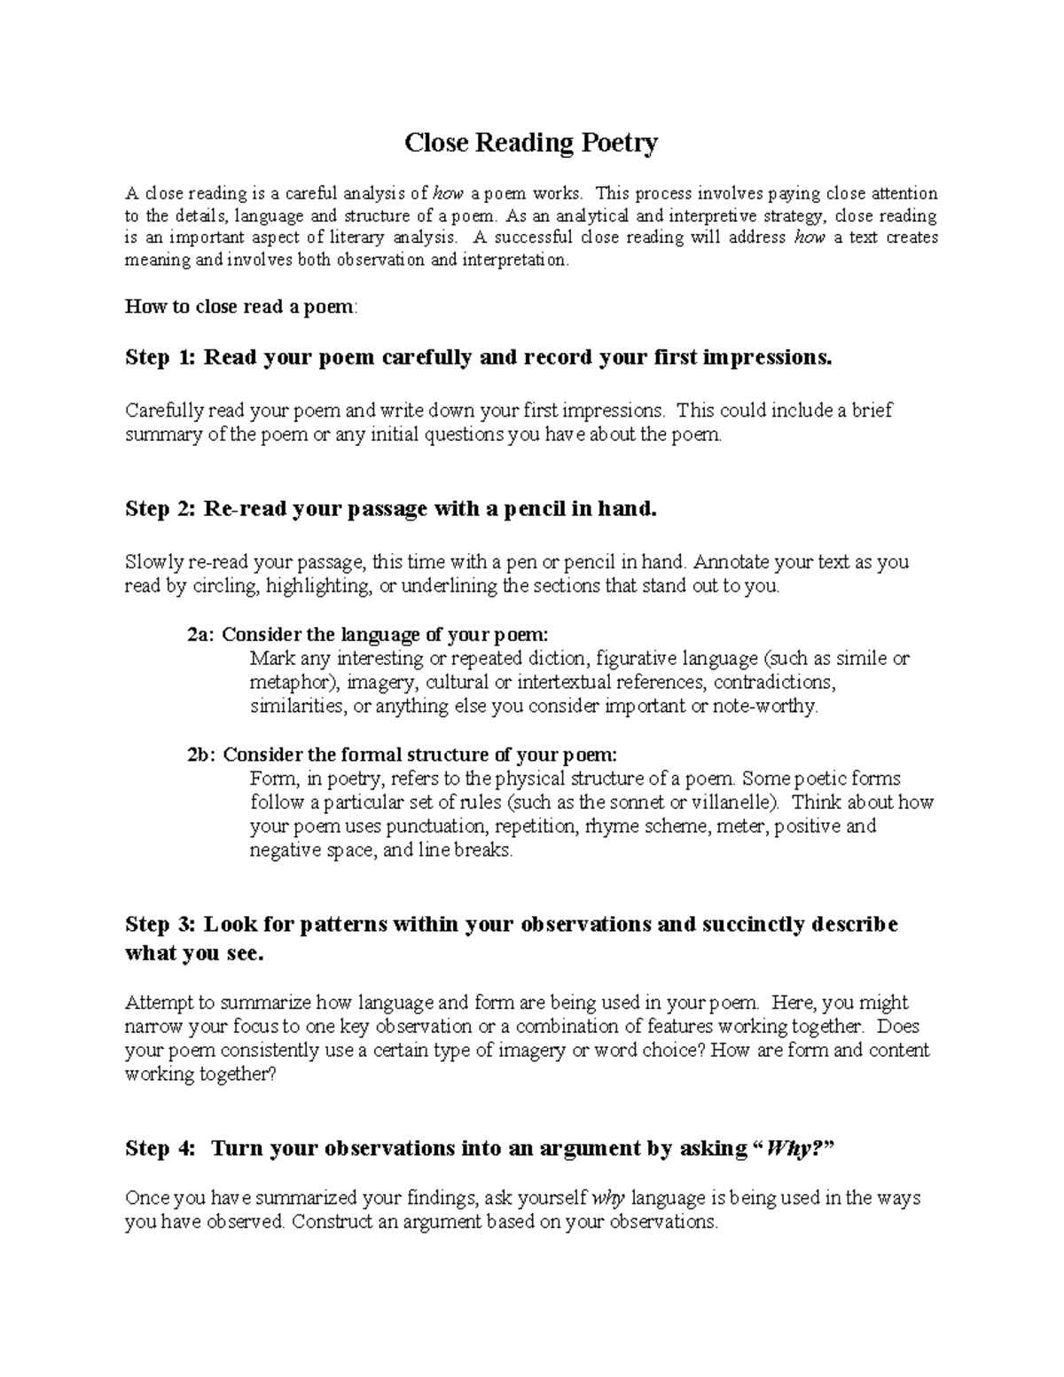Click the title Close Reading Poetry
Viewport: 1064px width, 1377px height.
coord(531,143)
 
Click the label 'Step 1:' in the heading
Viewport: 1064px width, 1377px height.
coord(159,357)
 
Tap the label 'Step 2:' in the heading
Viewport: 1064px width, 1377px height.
coord(159,509)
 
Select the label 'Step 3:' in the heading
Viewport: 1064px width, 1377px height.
coord(159,924)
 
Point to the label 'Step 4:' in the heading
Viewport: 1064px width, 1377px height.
coord(159,1148)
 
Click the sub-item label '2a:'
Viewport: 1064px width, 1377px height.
coord(201,635)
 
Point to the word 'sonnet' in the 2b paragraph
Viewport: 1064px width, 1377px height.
coord(645,802)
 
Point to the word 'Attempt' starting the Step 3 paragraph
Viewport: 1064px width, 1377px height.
coord(159,1003)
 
